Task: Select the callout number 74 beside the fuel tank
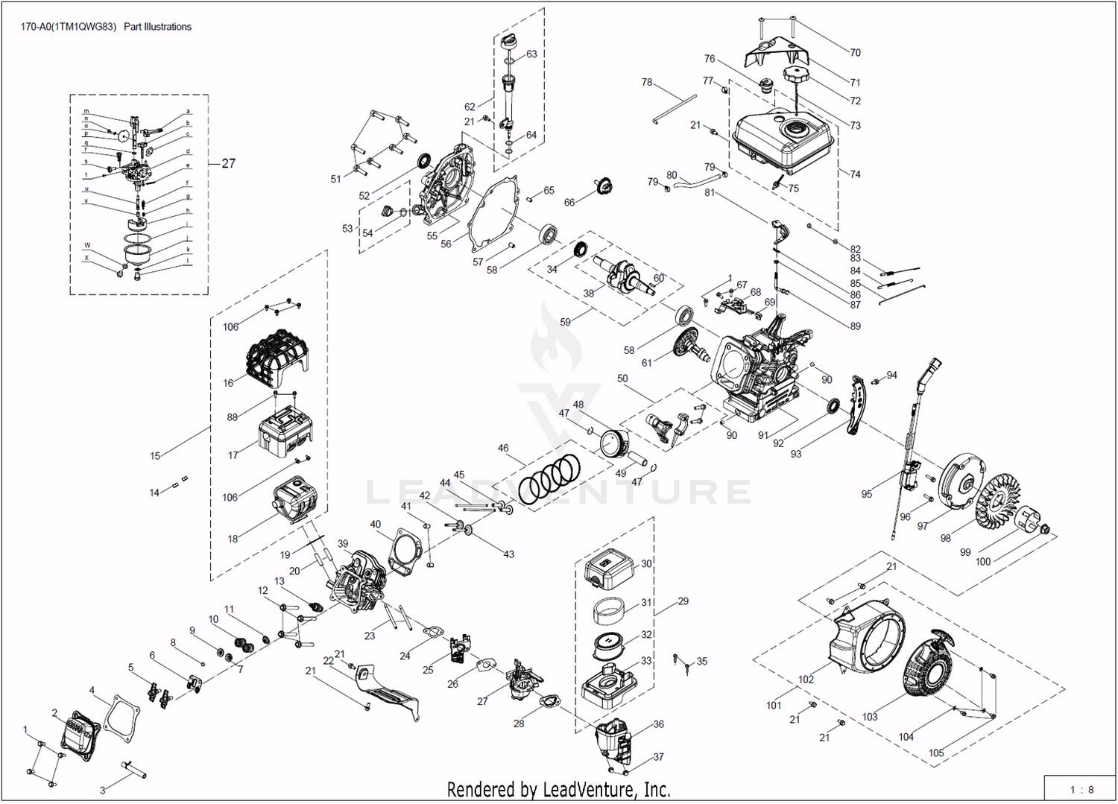click(x=855, y=174)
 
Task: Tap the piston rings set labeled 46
click(x=550, y=479)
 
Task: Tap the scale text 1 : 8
click(x=1081, y=790)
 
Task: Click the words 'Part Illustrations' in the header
click(x=157, y=27)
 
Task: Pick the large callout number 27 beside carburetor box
click(x=228, y=163)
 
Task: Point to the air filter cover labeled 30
click(x=610, y=570)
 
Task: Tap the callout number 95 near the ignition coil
click(x=866, y=494)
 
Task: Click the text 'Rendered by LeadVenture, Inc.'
click(x=558, y=789)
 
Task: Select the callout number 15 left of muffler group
click(x=155, y=456)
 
